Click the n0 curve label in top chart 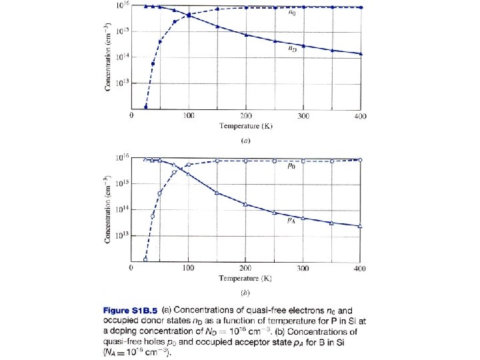293,14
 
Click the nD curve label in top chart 292,49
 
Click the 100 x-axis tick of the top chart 189,116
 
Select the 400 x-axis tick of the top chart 361,116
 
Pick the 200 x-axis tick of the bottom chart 246,268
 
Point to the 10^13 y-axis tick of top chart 120,83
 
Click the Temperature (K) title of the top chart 246,125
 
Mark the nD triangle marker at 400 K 361,53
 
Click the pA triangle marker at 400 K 361,227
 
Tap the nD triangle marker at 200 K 246,34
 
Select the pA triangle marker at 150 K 218,193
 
